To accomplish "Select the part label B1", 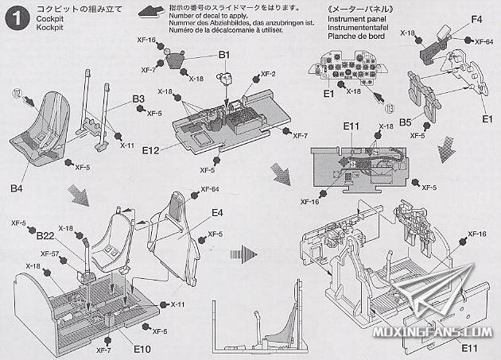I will (224, 55).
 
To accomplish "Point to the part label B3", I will (138, 99).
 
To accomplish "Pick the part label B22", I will (45, 235).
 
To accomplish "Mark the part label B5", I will (405, 123).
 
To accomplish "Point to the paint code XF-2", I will (268, 74).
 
